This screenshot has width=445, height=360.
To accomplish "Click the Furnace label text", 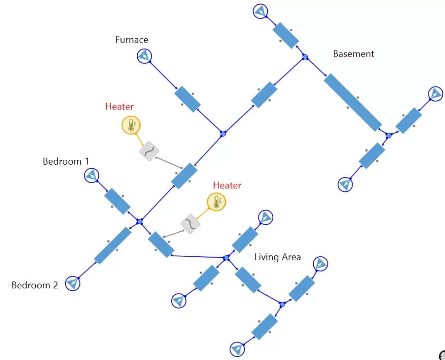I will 131,40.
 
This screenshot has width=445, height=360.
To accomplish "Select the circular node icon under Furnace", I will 144,56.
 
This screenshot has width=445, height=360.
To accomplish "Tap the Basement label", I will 353,54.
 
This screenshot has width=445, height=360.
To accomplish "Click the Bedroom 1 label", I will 66,162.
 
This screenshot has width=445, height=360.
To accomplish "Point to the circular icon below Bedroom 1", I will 92,175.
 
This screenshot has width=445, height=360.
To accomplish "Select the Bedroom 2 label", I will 34,285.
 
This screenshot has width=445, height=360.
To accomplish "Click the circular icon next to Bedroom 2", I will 73,284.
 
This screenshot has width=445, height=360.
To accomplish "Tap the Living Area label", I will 277,257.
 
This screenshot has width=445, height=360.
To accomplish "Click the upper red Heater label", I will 119,106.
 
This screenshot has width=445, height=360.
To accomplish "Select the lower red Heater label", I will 227,185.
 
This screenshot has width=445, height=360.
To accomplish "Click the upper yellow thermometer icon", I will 131,125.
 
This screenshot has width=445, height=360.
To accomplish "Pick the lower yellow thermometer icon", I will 216,202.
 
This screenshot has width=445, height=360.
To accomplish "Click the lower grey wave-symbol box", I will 190,224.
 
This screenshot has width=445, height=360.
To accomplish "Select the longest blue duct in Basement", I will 352,102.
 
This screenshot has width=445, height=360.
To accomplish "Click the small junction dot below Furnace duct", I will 223,134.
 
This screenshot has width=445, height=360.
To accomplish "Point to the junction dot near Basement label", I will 305,57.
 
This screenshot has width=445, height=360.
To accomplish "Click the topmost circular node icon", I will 260,11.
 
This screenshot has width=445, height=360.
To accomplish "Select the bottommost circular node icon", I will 237,349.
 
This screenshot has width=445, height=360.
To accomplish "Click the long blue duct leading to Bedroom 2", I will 113,245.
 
